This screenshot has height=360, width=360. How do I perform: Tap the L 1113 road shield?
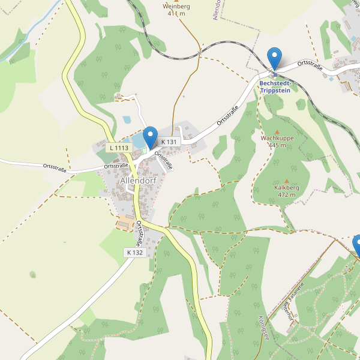pyautogui.click(x=118, y=148)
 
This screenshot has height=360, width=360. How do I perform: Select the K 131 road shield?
pyautogui.click(x=170, y=142)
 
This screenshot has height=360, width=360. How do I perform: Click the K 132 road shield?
pyautogui.click(x=135, y=253)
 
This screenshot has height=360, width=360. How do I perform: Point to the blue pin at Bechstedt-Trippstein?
pyautogui.click(x=274, y=59)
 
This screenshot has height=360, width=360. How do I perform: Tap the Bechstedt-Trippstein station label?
pyautogui.click(x=275, y=86)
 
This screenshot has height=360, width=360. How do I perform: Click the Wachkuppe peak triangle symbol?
pyautogui.click(x=277, y=131)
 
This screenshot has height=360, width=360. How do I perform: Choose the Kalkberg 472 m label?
pyautogui.click(x=286, y=191)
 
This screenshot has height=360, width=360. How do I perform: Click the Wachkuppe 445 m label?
pyautogui.click(x=277, y=142)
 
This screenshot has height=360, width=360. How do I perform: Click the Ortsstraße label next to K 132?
pyautogui.click(x=139, y=234)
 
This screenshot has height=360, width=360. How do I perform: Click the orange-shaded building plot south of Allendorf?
pyautogui.click(x=125, y=222)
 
